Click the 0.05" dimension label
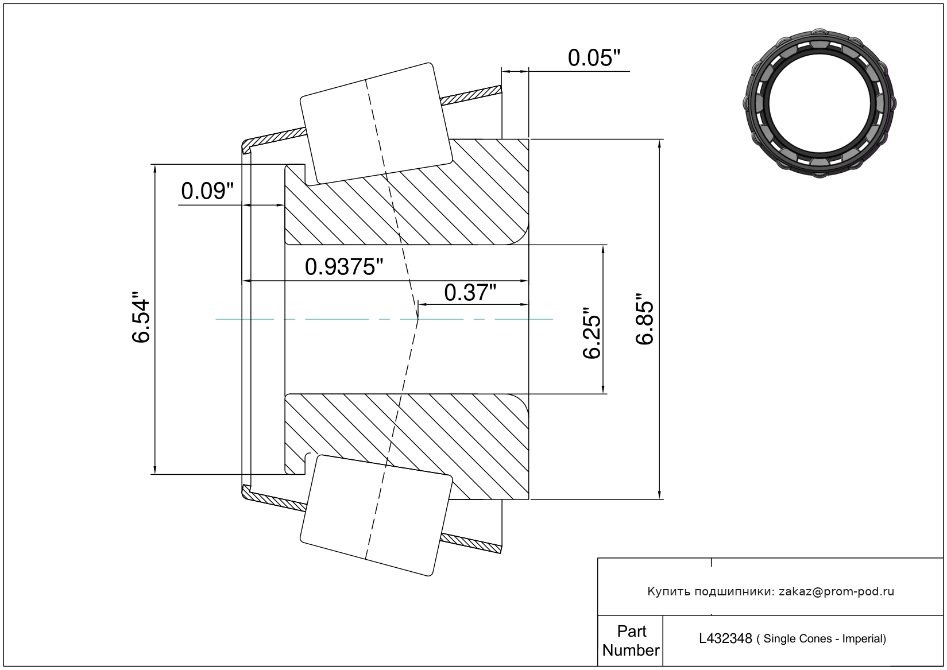pyautogui.click(x=594, y=58)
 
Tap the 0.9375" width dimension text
pyautogui.click(x=343, y=267)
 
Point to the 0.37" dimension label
pyautogui.click(x=470, y=293)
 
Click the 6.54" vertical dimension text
pyautogui.click(x=141, y=317)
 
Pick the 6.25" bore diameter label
pyautogui.click(x=592, y=332)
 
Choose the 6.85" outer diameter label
pyautogui.click(x=645, y=319)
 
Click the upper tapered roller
pyautogui.click(x=376, y=123)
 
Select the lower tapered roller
pyautogui.click(x=376, y=516)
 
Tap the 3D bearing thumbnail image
pyautogui.click(x=820, y=103)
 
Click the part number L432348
pyautogui.click(x=725, y=638)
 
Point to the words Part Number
pyautogui.click(x=631, y=640)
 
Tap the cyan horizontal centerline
pyautogui.click(x=384, y=319)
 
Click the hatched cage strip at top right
pyautogui.click(x=471, y=95)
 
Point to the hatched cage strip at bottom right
pyautogui.click(x=471, y=543)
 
